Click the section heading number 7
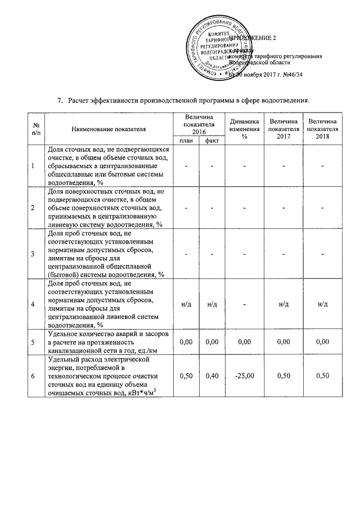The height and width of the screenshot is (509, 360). click(60, 100)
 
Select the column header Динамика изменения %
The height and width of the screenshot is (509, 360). click(244, 129)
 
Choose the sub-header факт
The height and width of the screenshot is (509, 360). click(212, 141)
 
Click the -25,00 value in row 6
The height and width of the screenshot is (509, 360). click(244, 376)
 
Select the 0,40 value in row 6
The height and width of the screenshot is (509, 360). click(212, 376)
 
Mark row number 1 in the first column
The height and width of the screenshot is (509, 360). click(33, 166)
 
